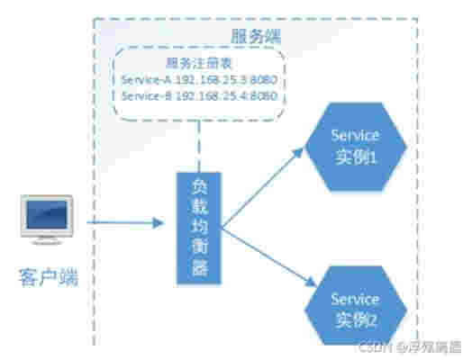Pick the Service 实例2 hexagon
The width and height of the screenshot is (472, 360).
click(x=353, y=306)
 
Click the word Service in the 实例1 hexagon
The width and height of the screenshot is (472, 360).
click(x=355, y=136)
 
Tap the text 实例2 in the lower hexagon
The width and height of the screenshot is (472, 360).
click(x=354, y=317)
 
